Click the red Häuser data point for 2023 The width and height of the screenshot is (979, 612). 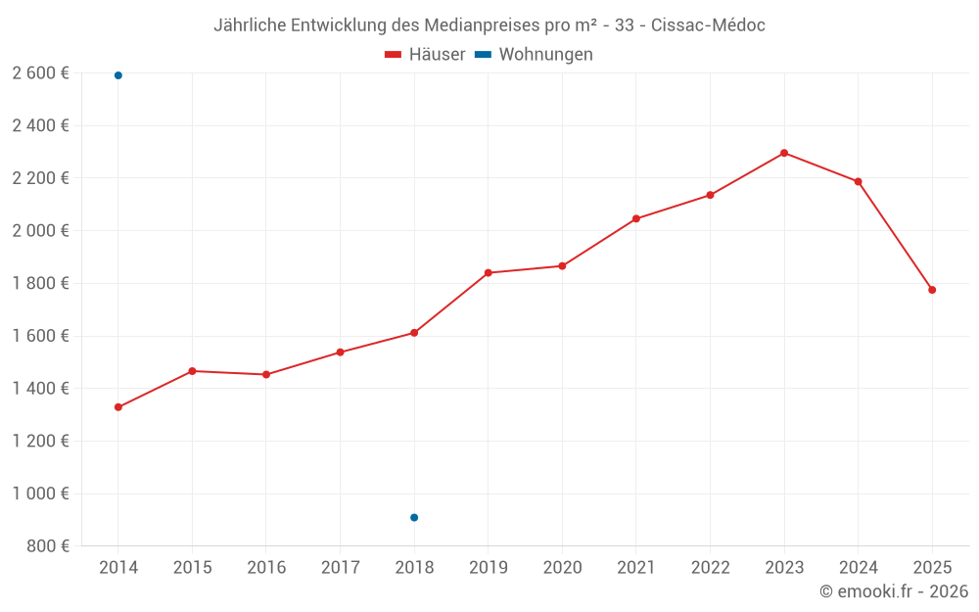[784, 153]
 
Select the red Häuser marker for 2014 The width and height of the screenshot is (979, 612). [118, 407]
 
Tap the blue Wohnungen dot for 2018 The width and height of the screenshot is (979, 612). [414, 517]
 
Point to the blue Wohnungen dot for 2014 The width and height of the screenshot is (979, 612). [118, 75]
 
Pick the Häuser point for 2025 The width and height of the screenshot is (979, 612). [932, 290]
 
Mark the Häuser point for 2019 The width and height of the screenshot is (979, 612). [489, 272]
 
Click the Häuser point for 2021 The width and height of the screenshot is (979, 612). [636, 218]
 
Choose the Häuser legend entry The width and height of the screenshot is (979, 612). [425, 55]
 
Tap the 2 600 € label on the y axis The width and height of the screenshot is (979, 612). [41, 73]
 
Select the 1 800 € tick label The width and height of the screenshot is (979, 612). [41, 283]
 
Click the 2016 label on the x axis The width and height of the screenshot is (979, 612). [266, 568]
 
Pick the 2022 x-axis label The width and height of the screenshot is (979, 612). [710, 568]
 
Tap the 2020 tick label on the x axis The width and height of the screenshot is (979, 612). [562, 568]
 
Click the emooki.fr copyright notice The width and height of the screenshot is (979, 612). [893, 591]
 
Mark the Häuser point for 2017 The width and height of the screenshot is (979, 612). [340, 352]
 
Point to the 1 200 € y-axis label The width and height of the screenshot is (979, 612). [41, 441]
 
